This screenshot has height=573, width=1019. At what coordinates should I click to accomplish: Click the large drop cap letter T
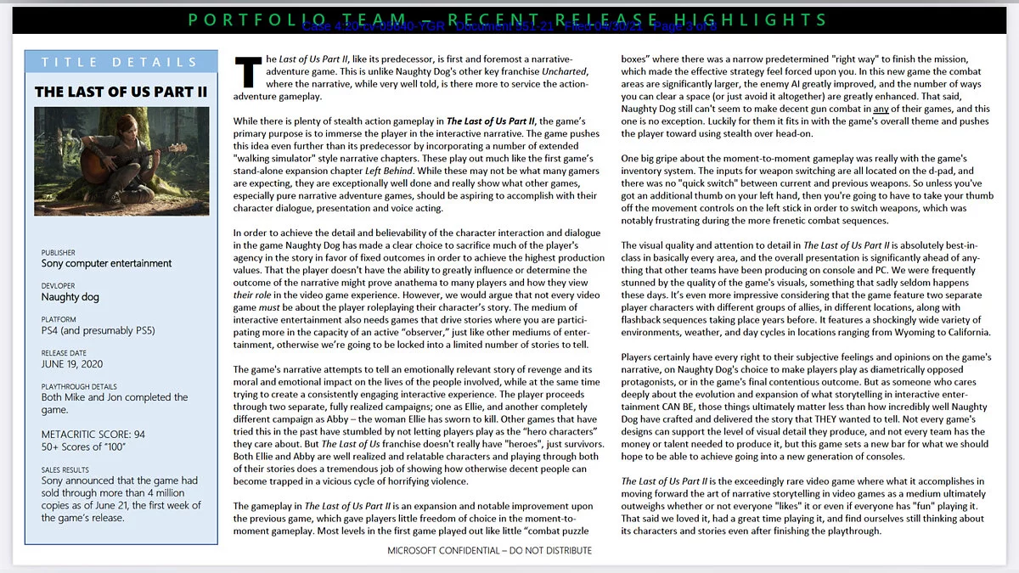248,72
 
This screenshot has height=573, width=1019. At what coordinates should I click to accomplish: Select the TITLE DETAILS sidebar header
120,62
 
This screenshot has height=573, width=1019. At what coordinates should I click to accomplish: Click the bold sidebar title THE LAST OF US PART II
121,92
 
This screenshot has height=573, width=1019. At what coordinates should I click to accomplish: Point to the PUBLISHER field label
59,252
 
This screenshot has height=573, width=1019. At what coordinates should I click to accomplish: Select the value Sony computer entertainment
107,263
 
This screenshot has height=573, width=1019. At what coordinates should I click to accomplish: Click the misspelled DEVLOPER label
59,286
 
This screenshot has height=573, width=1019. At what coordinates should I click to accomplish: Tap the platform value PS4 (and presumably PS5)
99,330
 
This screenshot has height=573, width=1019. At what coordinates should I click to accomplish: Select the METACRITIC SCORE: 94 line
93,435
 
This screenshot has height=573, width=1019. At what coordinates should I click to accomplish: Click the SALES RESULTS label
65,469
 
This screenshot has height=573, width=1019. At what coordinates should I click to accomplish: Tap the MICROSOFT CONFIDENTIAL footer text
490,550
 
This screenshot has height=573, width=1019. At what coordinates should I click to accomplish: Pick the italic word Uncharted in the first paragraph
564,72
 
